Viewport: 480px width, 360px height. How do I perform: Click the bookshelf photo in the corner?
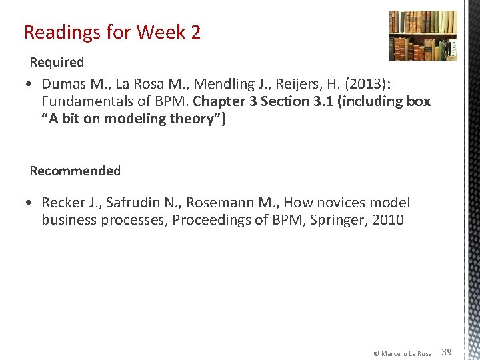423,35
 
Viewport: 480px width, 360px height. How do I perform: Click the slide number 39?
447,352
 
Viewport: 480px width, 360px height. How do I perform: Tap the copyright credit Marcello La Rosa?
402,353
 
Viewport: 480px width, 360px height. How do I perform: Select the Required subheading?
57,63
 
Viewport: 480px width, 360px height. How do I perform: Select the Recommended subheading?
75,171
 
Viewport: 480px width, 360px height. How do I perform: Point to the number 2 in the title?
195,32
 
